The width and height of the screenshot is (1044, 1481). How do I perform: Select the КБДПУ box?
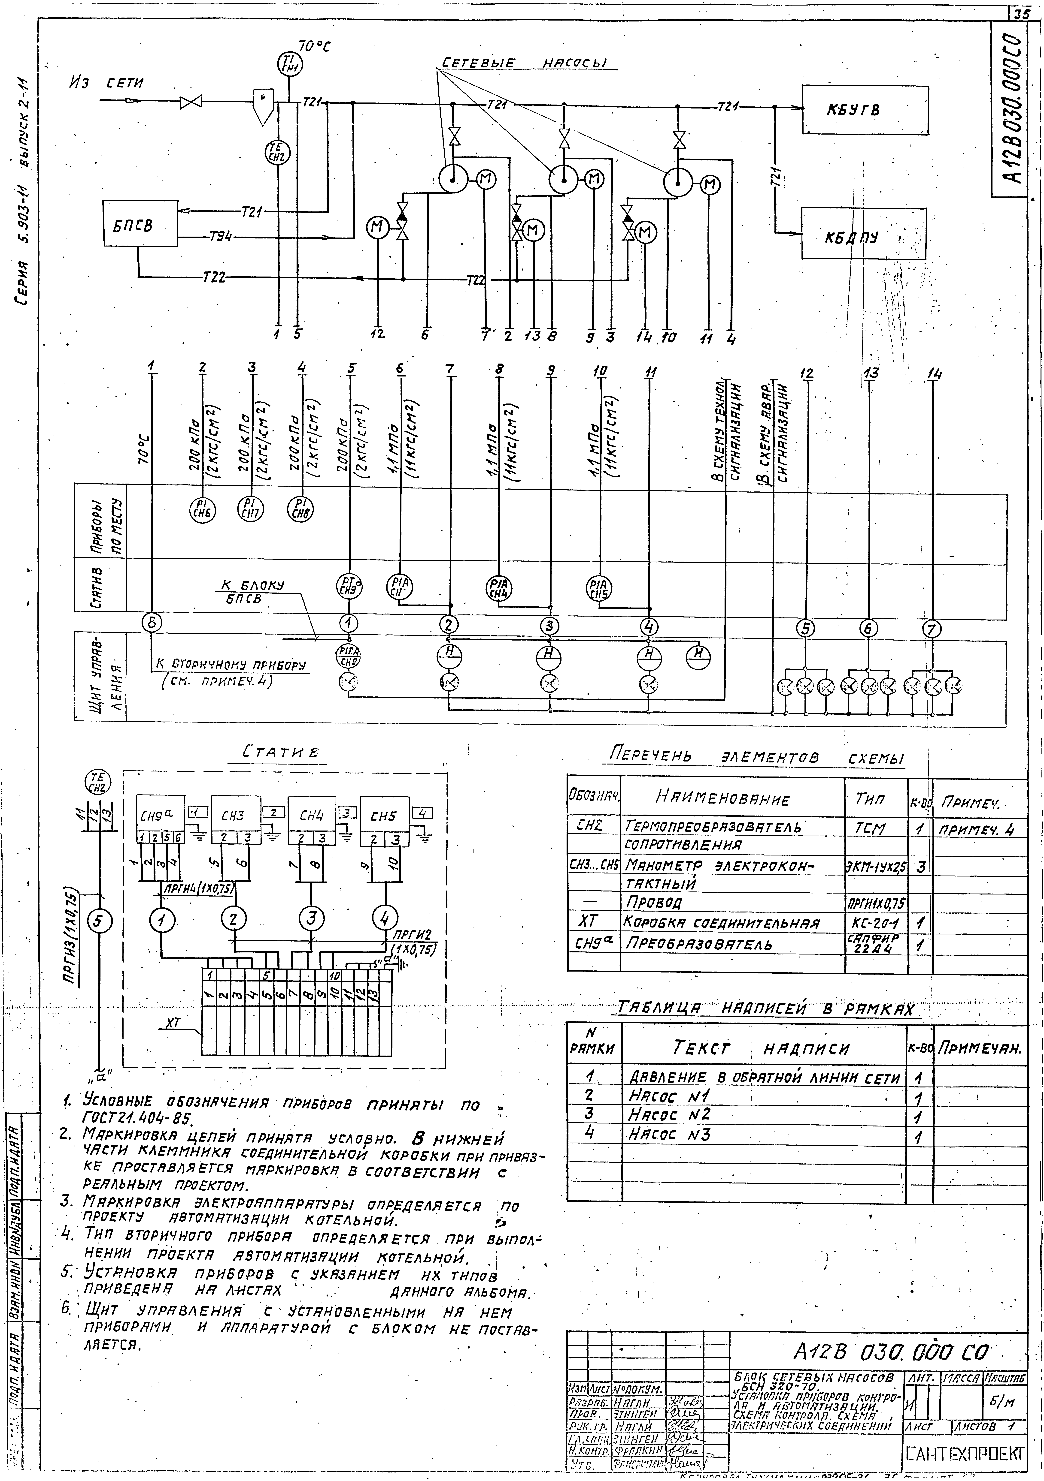click(x=863, y=234)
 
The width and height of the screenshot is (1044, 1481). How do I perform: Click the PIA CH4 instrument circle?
click(x=498, y=588)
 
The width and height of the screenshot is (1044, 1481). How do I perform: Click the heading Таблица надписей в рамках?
click(x=767, y=1008)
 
